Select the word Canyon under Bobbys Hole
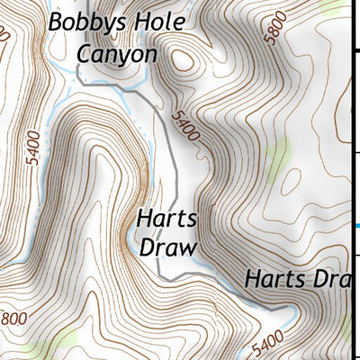tap(116, 53)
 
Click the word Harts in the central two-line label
tap(166, 220)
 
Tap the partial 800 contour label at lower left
tap(13, 319)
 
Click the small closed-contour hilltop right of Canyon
tap(184, 60)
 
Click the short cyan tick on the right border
tap(356, 225)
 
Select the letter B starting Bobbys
tap(57, 22)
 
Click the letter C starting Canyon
tap(85, 53)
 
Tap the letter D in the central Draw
tap(147, 247)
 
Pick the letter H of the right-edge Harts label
tap(252, 279)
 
